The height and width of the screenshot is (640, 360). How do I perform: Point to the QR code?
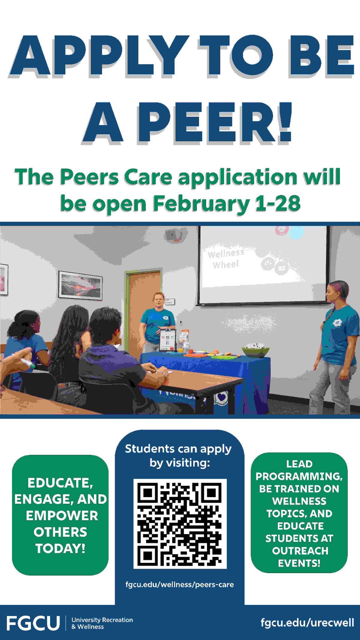tap(180, 524)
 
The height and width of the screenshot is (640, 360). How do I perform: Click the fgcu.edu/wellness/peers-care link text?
tap(179, 584)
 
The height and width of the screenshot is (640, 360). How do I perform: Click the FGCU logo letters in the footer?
tap(33, 623)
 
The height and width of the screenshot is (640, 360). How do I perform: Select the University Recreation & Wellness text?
tap(102, 623)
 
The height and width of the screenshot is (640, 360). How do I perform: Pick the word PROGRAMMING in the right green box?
tap(299, 476)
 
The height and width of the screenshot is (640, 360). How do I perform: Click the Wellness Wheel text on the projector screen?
tap(226, 259)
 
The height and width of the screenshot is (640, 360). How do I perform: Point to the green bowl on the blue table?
tap(256, 351)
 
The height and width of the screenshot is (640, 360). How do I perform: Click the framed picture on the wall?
tap(80, 285)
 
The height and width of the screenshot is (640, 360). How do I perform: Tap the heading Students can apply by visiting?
tap(179, 456)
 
